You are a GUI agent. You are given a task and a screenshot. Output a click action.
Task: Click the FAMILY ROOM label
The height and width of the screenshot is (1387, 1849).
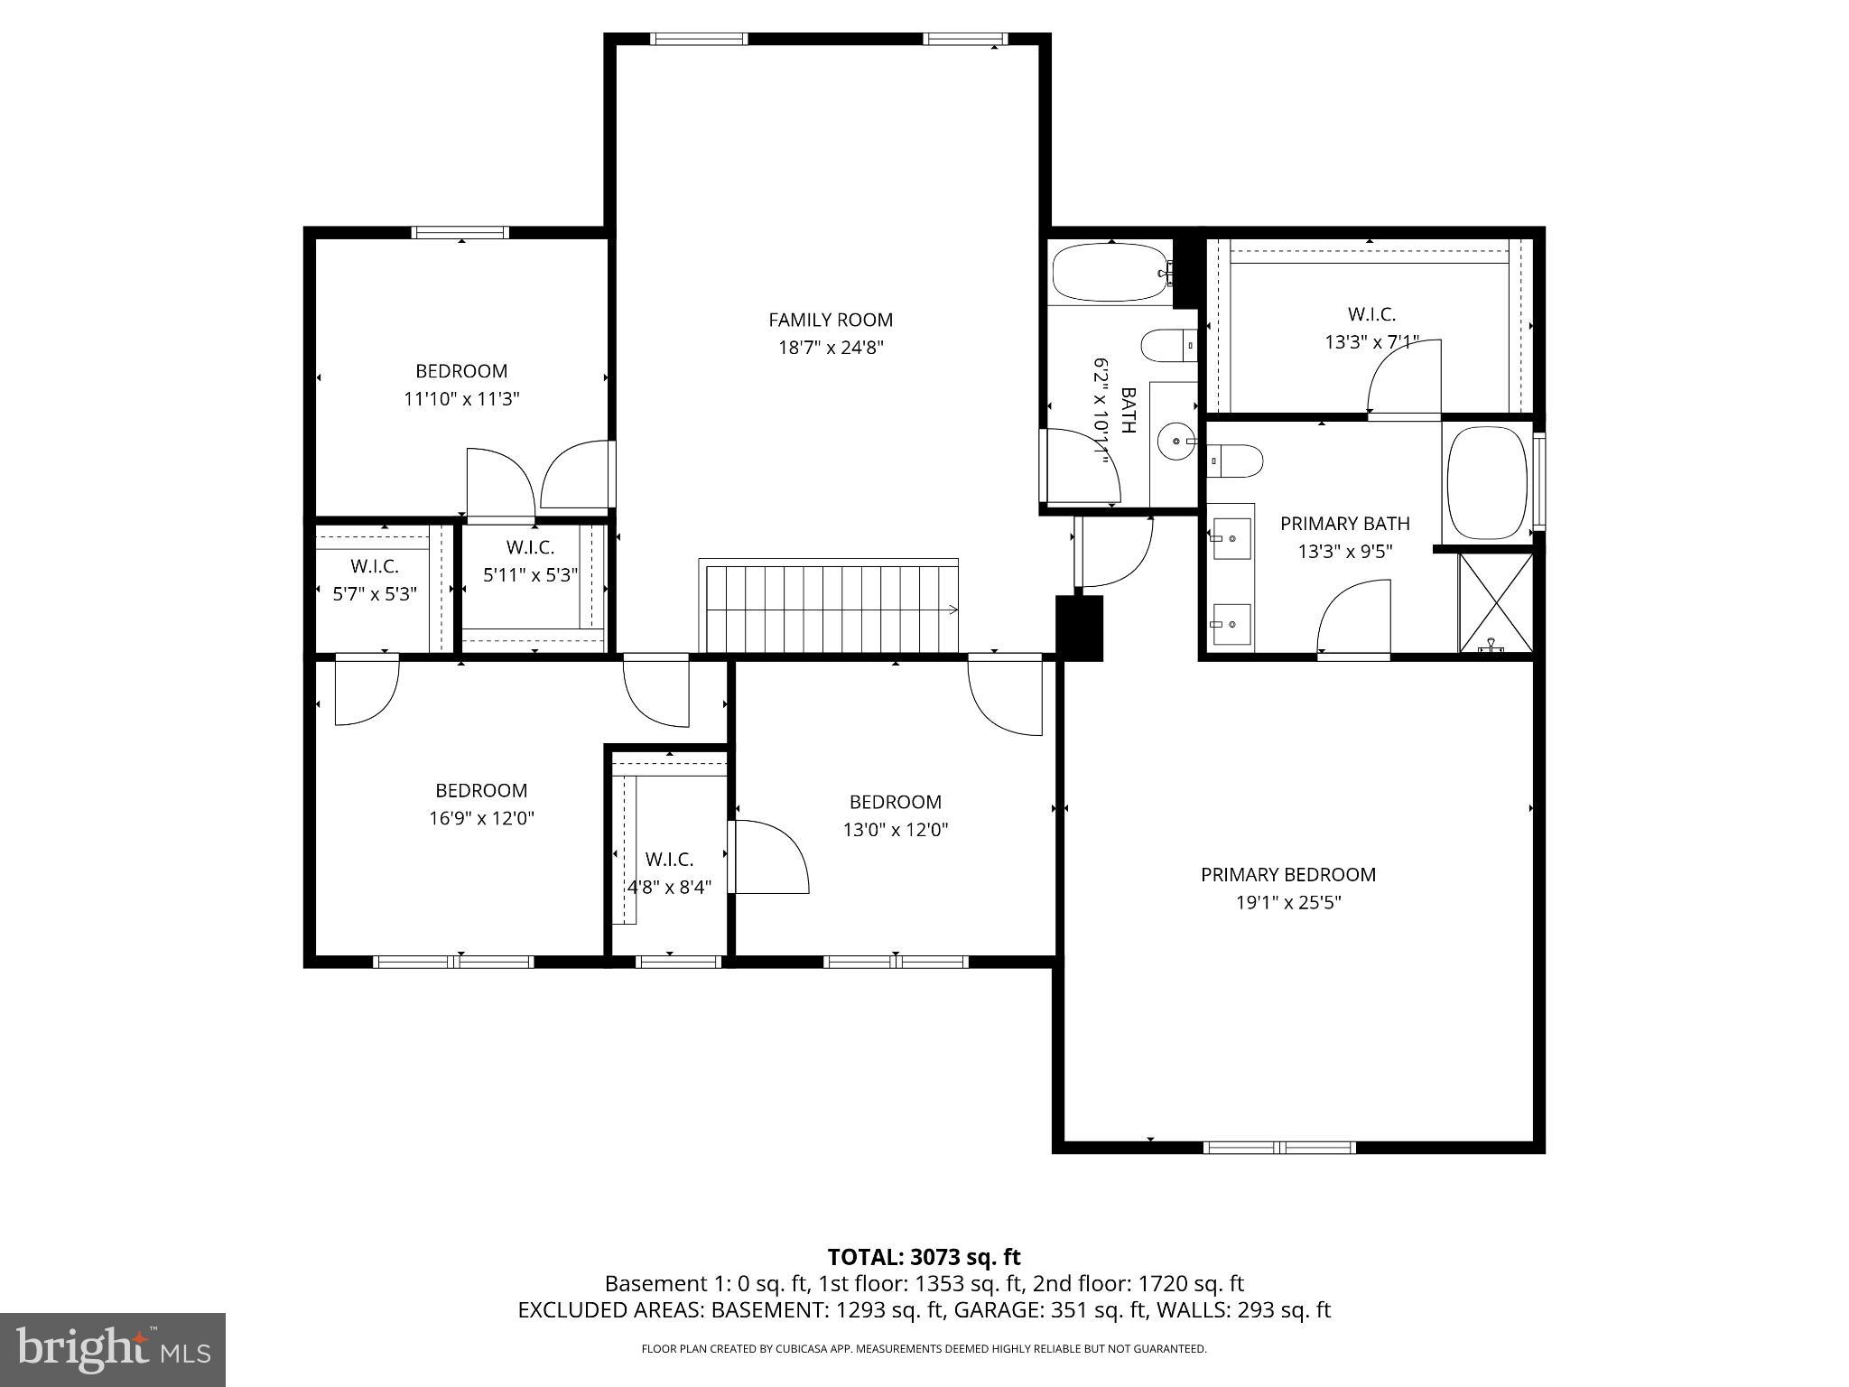pyautogui.click(x=830, y=320)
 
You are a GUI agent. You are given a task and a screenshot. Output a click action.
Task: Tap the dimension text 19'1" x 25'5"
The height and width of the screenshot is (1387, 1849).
pyautogui.click(x=1288, y=902)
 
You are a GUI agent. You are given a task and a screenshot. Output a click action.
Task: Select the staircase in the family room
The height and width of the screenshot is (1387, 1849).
pyautogui.click(x=830, y=606)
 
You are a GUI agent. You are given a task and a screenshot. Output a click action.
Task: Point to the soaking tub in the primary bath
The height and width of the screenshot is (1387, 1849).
pyautogui.click(x=1486, y=482)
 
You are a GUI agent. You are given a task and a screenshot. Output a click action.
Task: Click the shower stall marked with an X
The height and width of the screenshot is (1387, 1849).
pyautogui.click(x=1496, y=602)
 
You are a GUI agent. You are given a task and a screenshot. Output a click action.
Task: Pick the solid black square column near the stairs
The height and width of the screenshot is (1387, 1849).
pyautogui.click(x=1080, y=628)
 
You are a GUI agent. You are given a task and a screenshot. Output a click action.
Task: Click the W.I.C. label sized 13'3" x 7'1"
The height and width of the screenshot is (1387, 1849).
pyautogui.click(x=1371, y=314)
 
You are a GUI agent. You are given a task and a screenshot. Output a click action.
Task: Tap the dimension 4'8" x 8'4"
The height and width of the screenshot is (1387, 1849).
pyautogui.click(x=669, y=887)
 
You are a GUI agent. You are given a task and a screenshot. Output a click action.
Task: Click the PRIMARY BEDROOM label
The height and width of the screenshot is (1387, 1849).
pyautogui.click(x=1287, y=874)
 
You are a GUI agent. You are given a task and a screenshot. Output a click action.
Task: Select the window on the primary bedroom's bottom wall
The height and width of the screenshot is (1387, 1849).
pyautogui.click(x=1279, y=1148)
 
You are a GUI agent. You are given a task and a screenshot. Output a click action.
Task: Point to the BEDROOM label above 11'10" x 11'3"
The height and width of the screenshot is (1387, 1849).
pyautogui.click(x=460, y=370)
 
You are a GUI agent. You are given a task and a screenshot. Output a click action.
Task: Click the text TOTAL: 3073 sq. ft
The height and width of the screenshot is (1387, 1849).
pyautogui.click(x=924, y=1257)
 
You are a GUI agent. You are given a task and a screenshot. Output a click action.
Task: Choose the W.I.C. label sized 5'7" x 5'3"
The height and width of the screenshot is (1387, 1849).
pyautogui.click(x=374, y=566)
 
